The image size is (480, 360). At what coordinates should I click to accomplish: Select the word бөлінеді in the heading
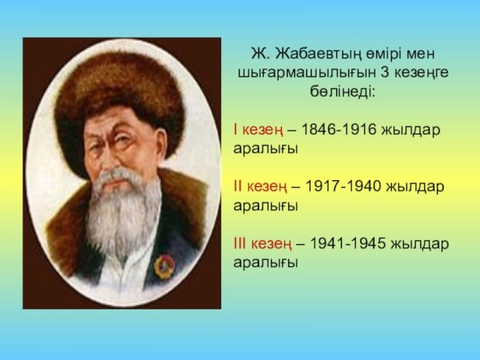342,90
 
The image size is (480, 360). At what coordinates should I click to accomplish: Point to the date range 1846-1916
342,130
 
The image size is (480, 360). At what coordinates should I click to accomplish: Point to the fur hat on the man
120,88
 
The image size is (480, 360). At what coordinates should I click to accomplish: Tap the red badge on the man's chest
166,265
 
